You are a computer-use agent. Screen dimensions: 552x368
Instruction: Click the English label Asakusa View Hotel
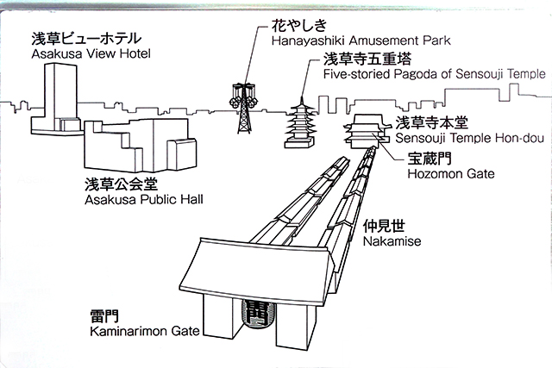pyautogui.click(x=91, y=53)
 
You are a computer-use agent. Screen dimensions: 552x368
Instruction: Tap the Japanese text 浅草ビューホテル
pyautogui.click(x=86, y=38)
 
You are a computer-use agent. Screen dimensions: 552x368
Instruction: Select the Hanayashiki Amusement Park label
pyautogui.click(x=361, y=41)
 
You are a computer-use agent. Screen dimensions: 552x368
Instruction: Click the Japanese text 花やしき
pyautogui.click(x=299, y=25)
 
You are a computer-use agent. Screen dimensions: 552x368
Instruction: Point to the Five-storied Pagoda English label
pyautogui.click(x=435, y=74)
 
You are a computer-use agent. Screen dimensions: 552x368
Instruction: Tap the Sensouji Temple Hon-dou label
pyautogui.click(x=469, y=138)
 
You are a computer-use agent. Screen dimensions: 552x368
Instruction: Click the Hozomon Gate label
pyautogui.click(x=451, y=174)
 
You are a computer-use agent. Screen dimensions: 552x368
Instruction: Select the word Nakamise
pyautogui.click(x=392, y=241)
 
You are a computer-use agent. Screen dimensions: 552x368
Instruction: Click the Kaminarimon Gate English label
pyautogui.click(x=145, y=331)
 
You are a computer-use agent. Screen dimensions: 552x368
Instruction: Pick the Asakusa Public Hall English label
pyautogui.click(x=144, y=199)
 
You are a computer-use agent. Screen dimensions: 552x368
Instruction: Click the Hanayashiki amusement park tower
pyautogui.click(x=242, y=108)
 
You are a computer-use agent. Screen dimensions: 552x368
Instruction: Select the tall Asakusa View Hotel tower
pyautogui.click(x=54, y=98)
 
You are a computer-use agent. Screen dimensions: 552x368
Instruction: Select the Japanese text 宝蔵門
pyautogui.click(x=430, y=159)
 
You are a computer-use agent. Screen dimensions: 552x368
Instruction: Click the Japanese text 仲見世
pyautogui.click(x=384, y=226)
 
